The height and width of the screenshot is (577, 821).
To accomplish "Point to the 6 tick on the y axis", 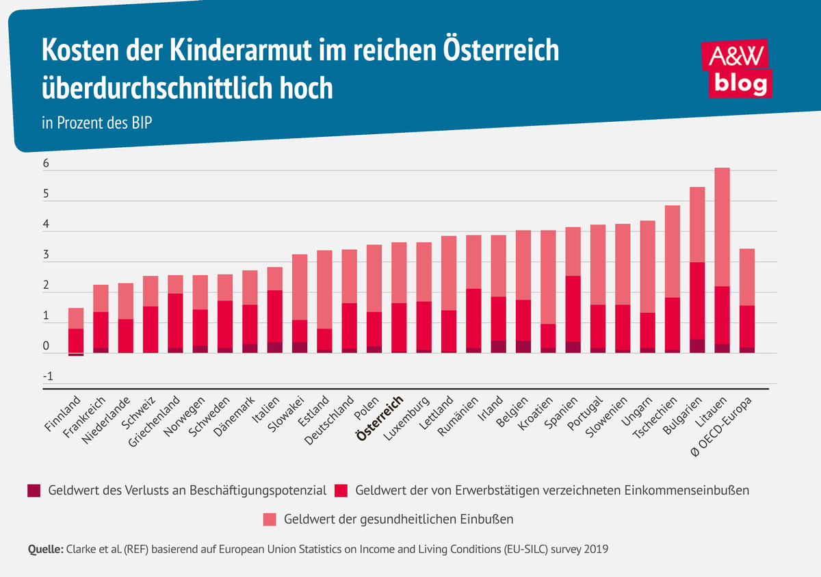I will coord(47,164).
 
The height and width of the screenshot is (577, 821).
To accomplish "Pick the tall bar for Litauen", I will coord(722,260).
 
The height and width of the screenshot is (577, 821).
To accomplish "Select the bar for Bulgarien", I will coord(696,270).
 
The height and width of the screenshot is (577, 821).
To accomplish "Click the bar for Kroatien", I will coord(548,291).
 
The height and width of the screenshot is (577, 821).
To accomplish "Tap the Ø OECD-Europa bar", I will coord(746,300).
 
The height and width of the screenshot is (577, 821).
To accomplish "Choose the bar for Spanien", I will coord(573,290).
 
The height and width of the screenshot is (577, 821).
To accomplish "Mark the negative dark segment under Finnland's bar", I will coord(76,355).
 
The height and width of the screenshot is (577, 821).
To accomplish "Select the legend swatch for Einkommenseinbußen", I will coord(342,490).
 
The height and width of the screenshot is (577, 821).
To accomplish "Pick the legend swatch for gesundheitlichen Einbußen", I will coord(270,520).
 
